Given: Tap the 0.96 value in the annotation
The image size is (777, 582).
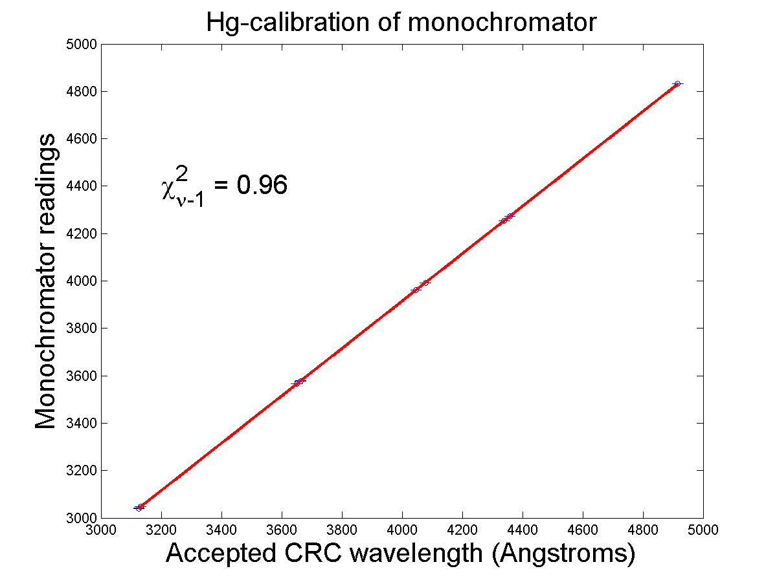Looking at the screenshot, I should tap(262, 186).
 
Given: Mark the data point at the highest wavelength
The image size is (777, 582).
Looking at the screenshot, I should tap(677, 84).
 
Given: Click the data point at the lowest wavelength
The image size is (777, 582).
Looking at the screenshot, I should tap(139, 508).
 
